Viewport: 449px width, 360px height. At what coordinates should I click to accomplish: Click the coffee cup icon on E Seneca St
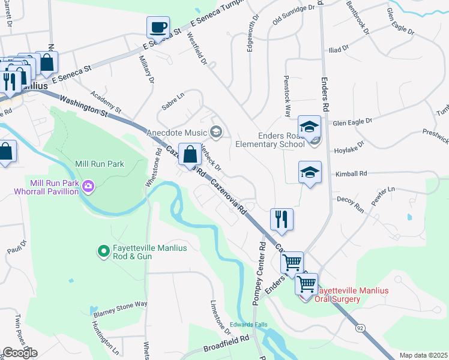coord(158,27)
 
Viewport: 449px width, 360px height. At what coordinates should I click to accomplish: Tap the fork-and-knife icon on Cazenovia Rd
coord(282,220)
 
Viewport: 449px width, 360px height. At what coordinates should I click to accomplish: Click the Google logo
coord(20,353)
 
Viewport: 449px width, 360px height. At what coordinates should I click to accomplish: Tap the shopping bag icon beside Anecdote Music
coord(190,155)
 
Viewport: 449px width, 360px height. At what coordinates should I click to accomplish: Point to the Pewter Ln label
coord(383,197)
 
